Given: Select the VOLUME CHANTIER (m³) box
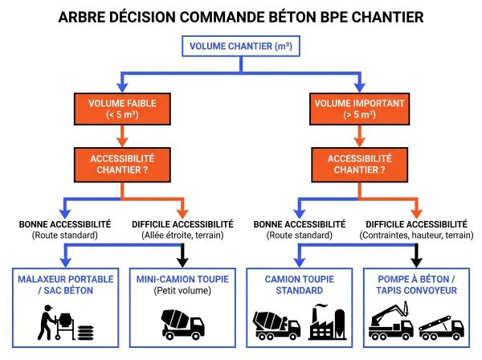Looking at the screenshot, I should (x=240, y=46).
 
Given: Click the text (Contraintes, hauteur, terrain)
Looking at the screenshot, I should (x=416, y=235).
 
